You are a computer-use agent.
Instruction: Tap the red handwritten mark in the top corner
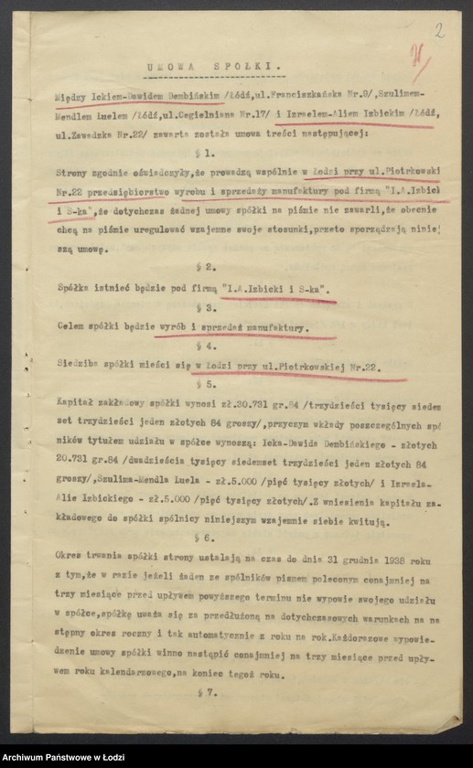422,65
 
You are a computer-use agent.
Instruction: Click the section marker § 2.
210,267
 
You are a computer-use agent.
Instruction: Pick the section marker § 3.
210,307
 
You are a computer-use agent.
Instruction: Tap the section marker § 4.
210,347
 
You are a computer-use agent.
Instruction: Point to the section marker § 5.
210,385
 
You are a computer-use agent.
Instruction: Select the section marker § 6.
210,539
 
